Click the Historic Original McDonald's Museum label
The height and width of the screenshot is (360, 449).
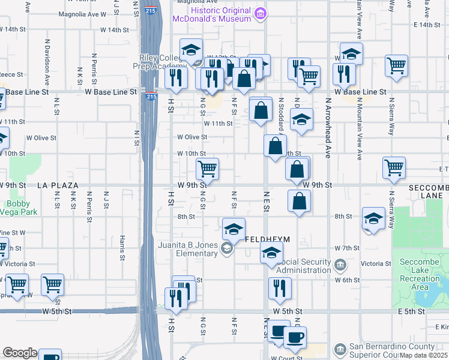(211, 14)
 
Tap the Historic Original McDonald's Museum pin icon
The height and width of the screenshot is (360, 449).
(260, 14)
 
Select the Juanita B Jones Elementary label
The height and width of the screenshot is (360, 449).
(188, 249)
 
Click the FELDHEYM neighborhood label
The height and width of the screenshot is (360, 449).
(267, 239)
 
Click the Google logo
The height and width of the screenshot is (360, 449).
(20, 353)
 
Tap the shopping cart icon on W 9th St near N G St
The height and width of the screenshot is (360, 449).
(207, 169)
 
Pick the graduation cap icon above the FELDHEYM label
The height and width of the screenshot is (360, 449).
(234, 229)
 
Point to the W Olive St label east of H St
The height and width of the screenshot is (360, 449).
(192, 137)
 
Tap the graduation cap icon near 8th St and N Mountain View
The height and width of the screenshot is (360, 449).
(373, 219)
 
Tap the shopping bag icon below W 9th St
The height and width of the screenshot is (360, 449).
(298, 201)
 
